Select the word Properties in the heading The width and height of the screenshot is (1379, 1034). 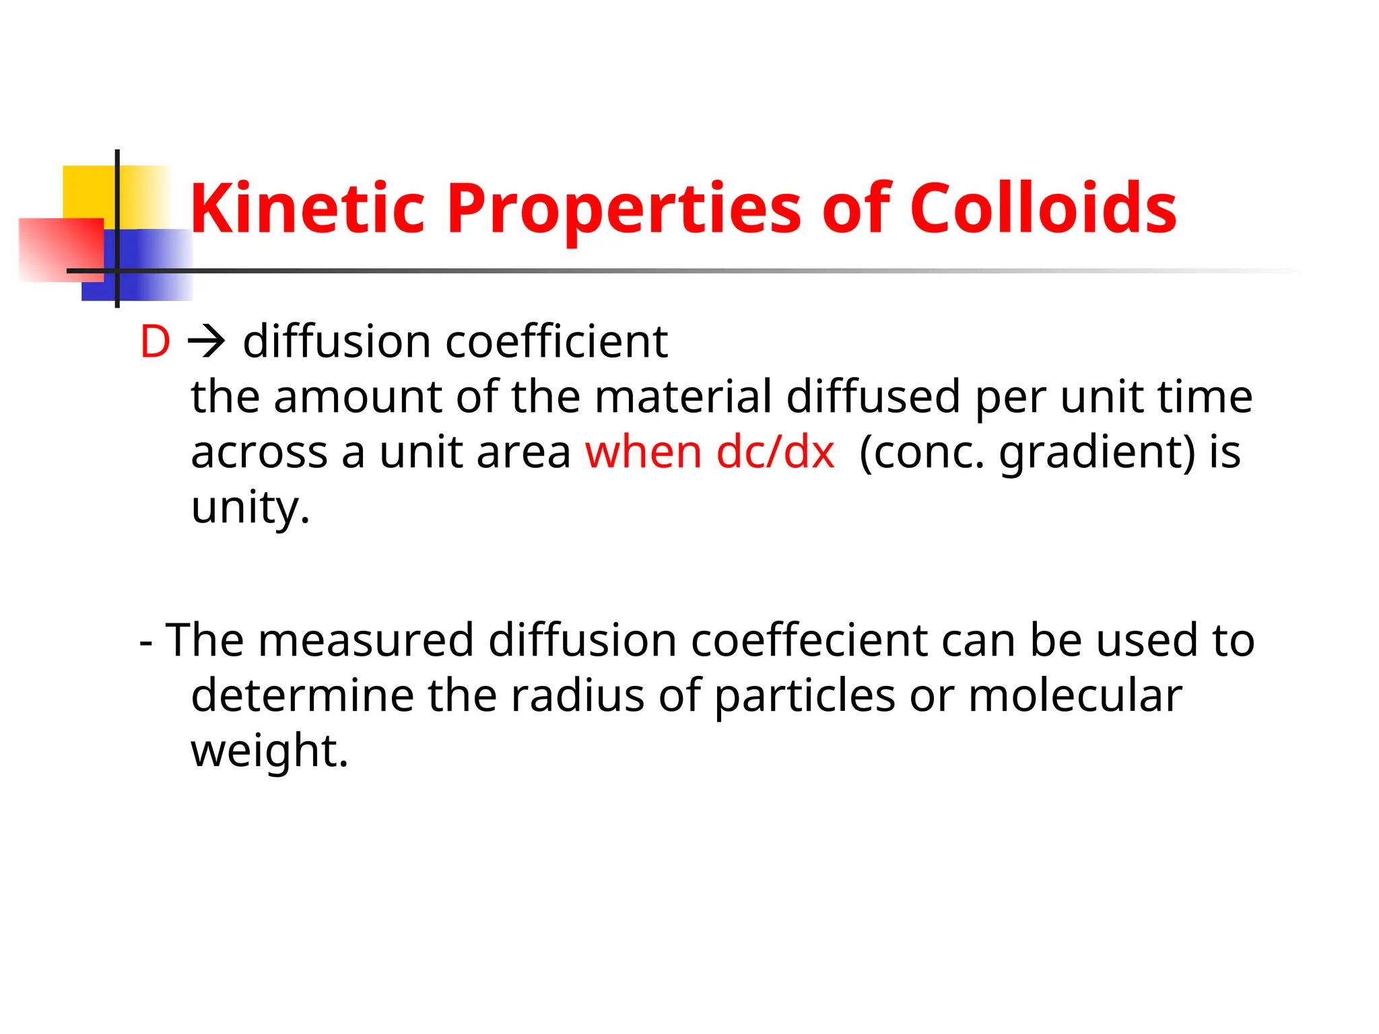(624, 210)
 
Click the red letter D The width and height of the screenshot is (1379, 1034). (155, 342)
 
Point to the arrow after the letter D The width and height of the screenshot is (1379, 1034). (206, 342)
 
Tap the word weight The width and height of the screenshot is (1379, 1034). (269, 750)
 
